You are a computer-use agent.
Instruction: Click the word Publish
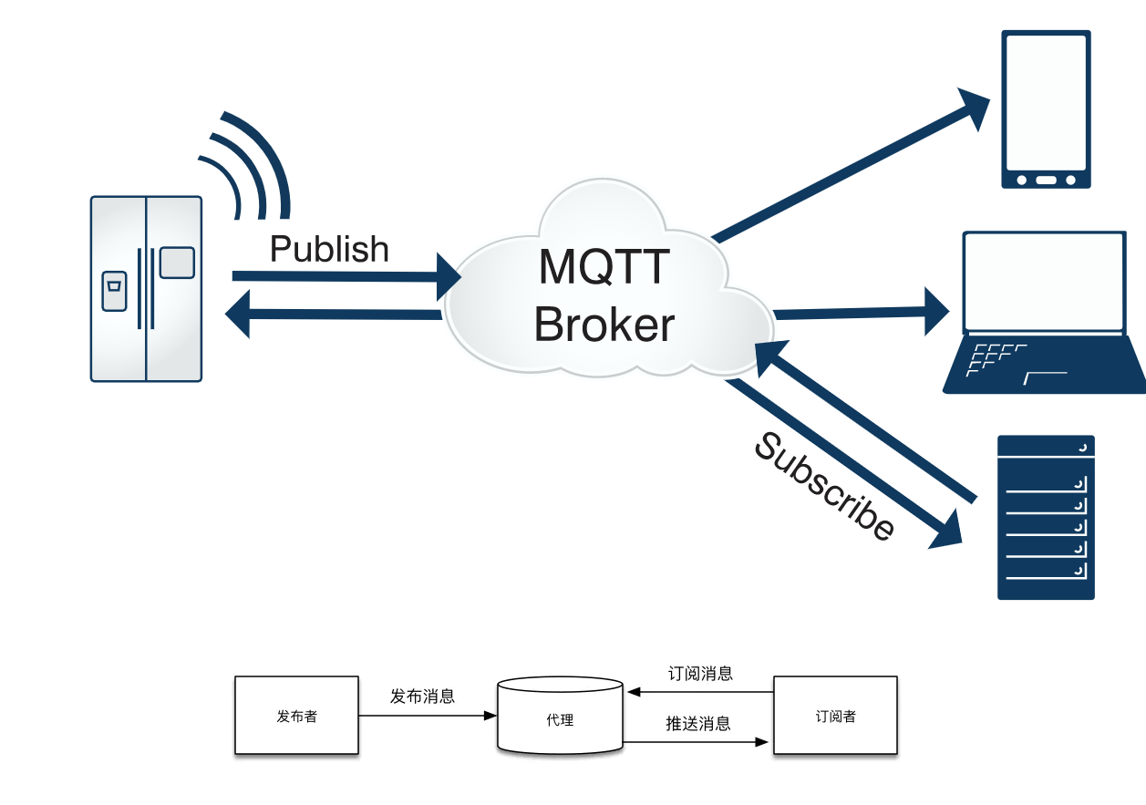329,249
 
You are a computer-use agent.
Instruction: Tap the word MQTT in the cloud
604,267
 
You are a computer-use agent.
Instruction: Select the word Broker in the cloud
604,324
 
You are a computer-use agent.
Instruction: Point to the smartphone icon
1046,109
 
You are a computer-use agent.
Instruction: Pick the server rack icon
1046,517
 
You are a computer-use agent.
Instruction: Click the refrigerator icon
146,288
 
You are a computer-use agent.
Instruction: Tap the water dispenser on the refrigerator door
114,291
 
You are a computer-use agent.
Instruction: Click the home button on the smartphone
1046,180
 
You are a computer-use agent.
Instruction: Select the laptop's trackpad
1046,376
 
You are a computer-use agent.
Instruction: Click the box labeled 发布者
296,716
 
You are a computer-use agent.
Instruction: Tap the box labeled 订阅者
835,716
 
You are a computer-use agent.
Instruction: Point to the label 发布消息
422,697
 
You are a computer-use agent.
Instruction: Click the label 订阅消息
700,674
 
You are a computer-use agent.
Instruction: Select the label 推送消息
698,724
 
